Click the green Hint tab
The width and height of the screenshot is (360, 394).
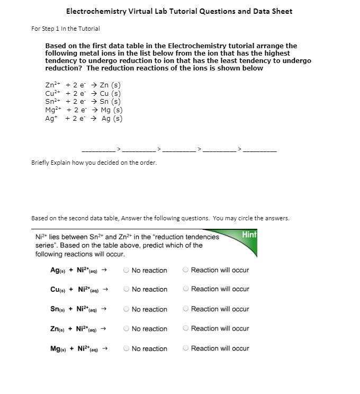249,235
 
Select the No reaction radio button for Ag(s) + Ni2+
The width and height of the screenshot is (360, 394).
126,270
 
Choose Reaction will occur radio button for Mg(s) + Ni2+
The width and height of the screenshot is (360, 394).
186,348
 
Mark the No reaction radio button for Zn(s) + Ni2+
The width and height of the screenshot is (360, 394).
126,329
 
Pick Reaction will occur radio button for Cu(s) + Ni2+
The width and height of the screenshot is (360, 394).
186,289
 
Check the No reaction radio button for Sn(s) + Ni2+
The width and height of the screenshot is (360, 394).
126,309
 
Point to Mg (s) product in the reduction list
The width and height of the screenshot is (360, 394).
111,110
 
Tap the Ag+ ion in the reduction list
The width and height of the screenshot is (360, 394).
51,119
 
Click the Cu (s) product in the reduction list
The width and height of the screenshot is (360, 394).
110,93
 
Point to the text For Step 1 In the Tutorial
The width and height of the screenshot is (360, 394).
66,29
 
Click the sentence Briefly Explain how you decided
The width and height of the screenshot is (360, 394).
94,163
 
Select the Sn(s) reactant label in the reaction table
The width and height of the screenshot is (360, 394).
57,309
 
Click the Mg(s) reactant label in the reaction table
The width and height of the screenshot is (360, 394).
58,348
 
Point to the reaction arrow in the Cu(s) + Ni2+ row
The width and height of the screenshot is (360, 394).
105,289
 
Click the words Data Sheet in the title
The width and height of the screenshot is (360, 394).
273,11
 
